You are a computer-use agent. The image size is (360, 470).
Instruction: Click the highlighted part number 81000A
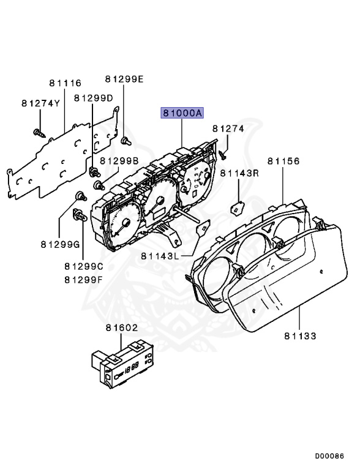point(182,113)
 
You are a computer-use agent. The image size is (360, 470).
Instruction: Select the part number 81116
point(65,83)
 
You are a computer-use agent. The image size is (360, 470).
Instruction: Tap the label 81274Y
point(40,103)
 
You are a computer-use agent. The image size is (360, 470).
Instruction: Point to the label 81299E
point(124,79)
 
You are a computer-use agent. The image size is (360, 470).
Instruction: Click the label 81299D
point(94,98)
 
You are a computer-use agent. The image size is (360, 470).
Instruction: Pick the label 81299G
point(61,245)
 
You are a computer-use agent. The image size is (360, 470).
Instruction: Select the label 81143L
point(159,255)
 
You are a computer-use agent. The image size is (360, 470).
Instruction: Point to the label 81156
point(283,161)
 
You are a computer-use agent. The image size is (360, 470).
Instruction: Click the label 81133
point(300,335)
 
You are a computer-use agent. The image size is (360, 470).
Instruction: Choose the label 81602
point(120,329)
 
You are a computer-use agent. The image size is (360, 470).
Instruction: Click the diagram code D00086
point(330,456)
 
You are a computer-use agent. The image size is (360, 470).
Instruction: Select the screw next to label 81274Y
point(39,131)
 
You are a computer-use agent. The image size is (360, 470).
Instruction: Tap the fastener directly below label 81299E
point(124,140)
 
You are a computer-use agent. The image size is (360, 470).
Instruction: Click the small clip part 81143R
point(236,208)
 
